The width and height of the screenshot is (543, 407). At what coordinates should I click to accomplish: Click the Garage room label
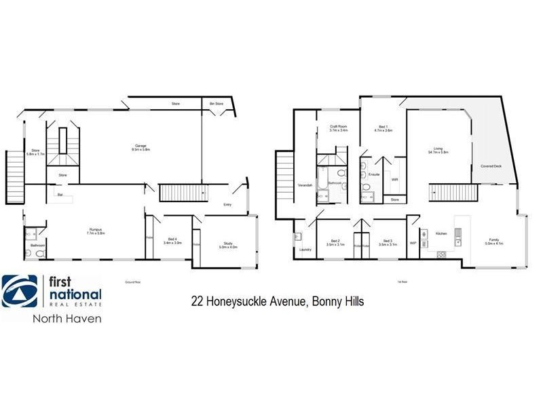coord(141,146)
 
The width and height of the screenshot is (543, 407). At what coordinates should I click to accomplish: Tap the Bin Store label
coord(217,104)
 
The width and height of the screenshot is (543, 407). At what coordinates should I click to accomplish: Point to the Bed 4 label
coord(172,238)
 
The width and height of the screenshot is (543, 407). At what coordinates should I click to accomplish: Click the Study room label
coord(227,244)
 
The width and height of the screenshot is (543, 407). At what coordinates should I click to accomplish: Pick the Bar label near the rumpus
coord(60,195)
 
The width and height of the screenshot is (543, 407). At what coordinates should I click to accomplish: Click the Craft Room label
coord(339,126)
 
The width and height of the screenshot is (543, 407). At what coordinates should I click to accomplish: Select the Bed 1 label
coord(383,127)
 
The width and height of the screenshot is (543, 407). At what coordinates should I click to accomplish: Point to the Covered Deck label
coord(491,165)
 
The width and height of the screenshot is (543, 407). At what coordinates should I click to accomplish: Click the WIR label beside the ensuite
coord(395,180)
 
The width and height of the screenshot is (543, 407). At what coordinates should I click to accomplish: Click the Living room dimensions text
coord(438,153)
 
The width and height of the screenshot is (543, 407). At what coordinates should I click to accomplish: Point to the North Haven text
coord(67,319)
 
